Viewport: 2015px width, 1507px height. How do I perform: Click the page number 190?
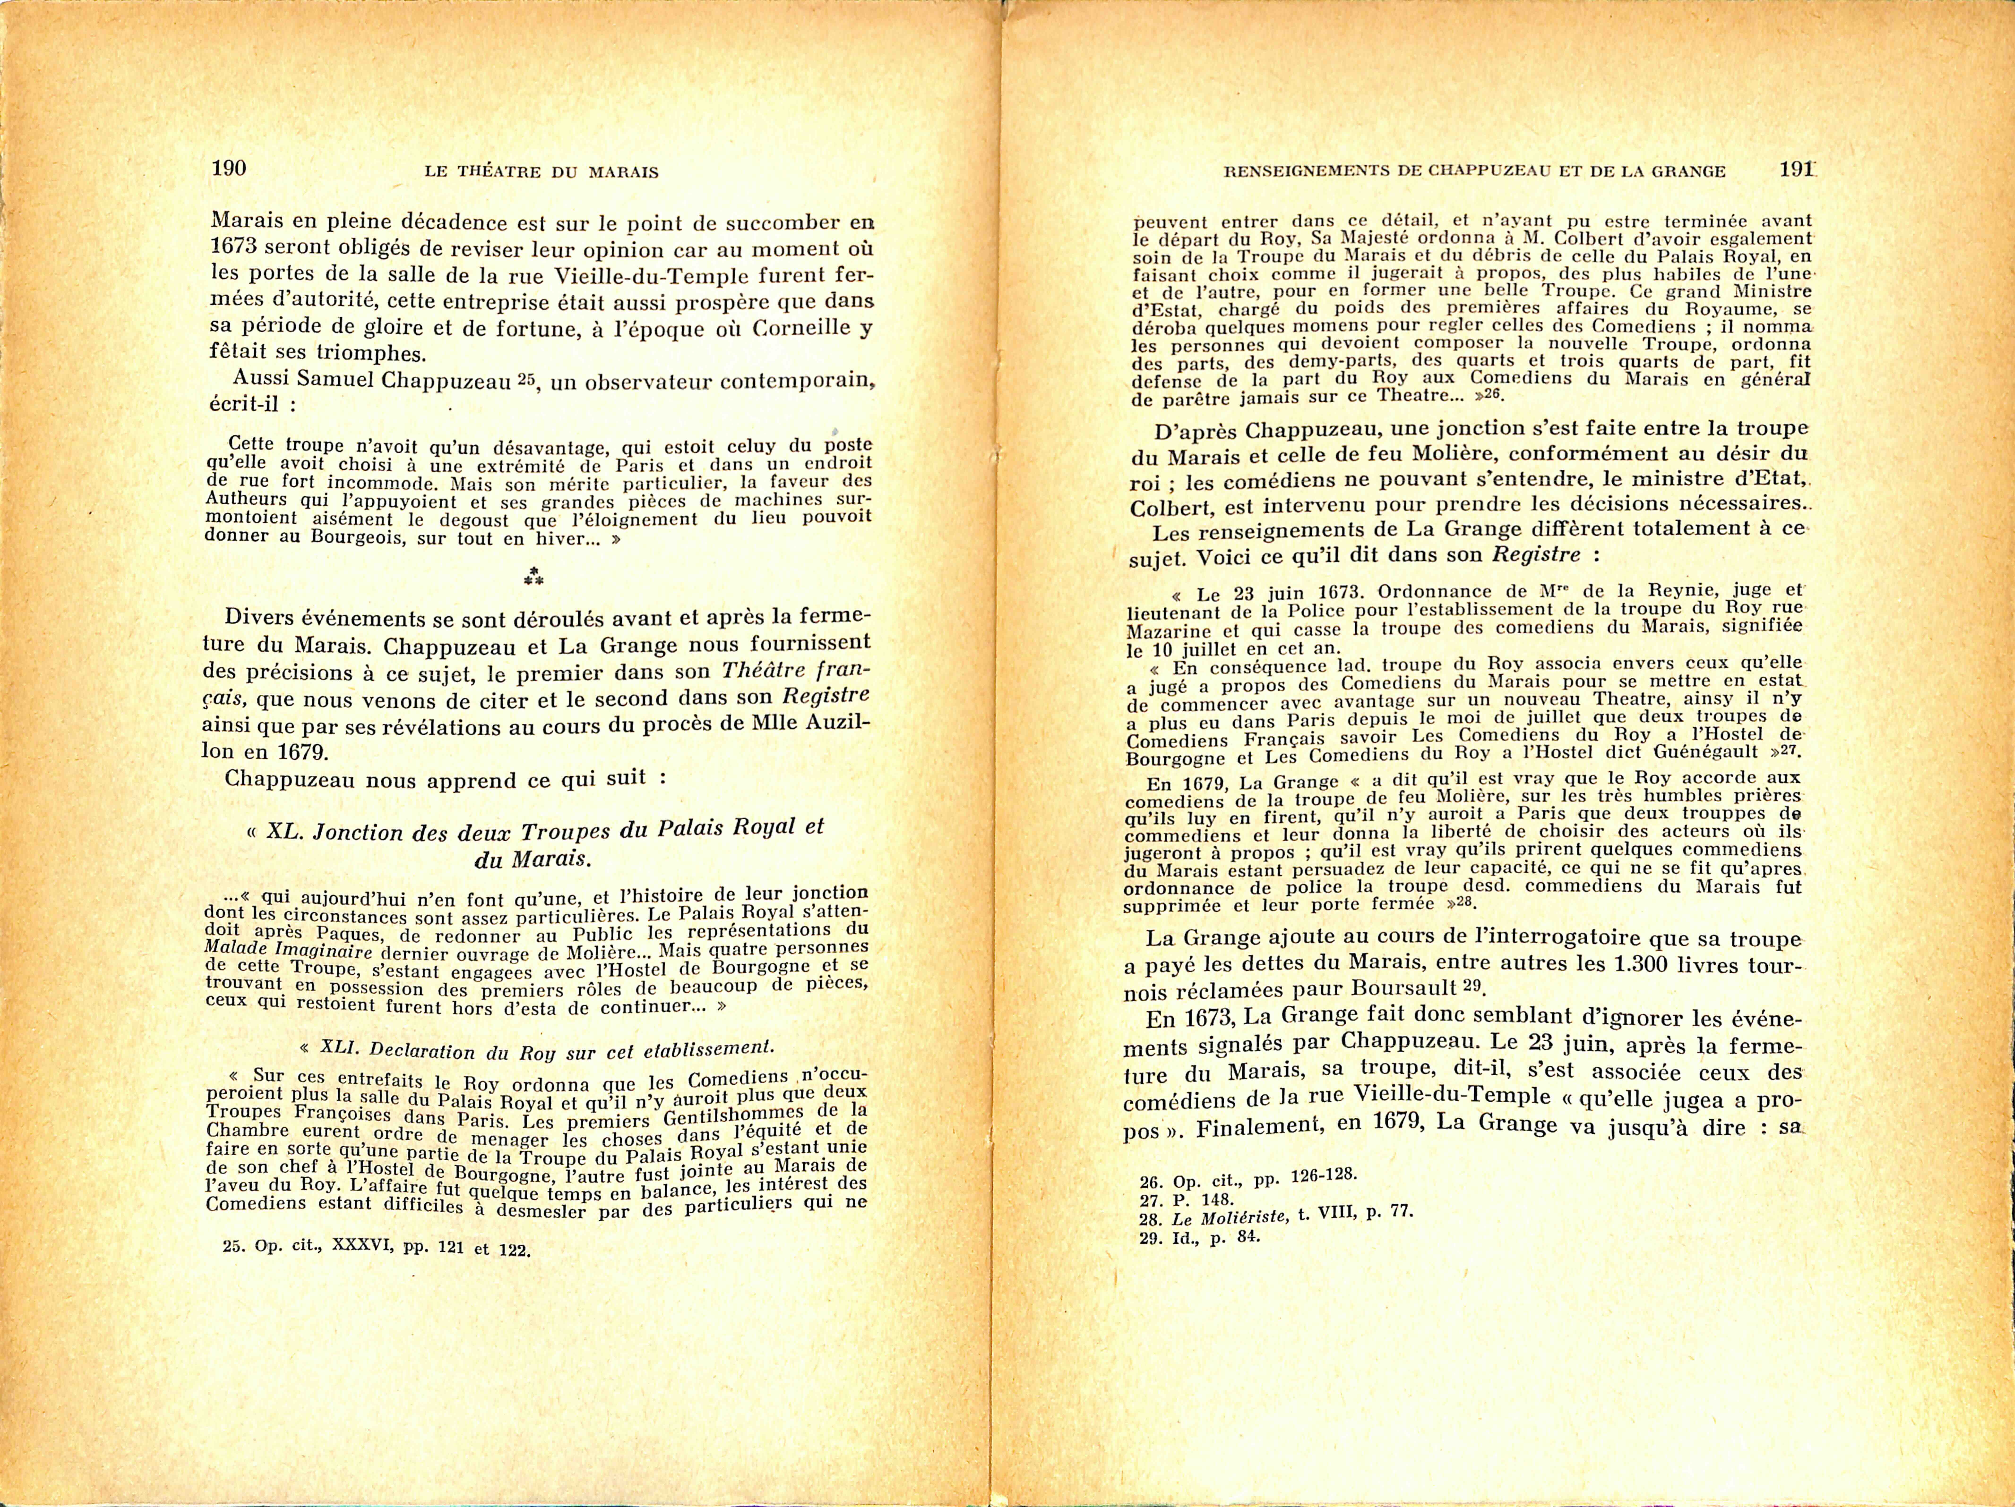(x=229, y=168)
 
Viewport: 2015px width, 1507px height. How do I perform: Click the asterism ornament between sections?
(x=534, y=575)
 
